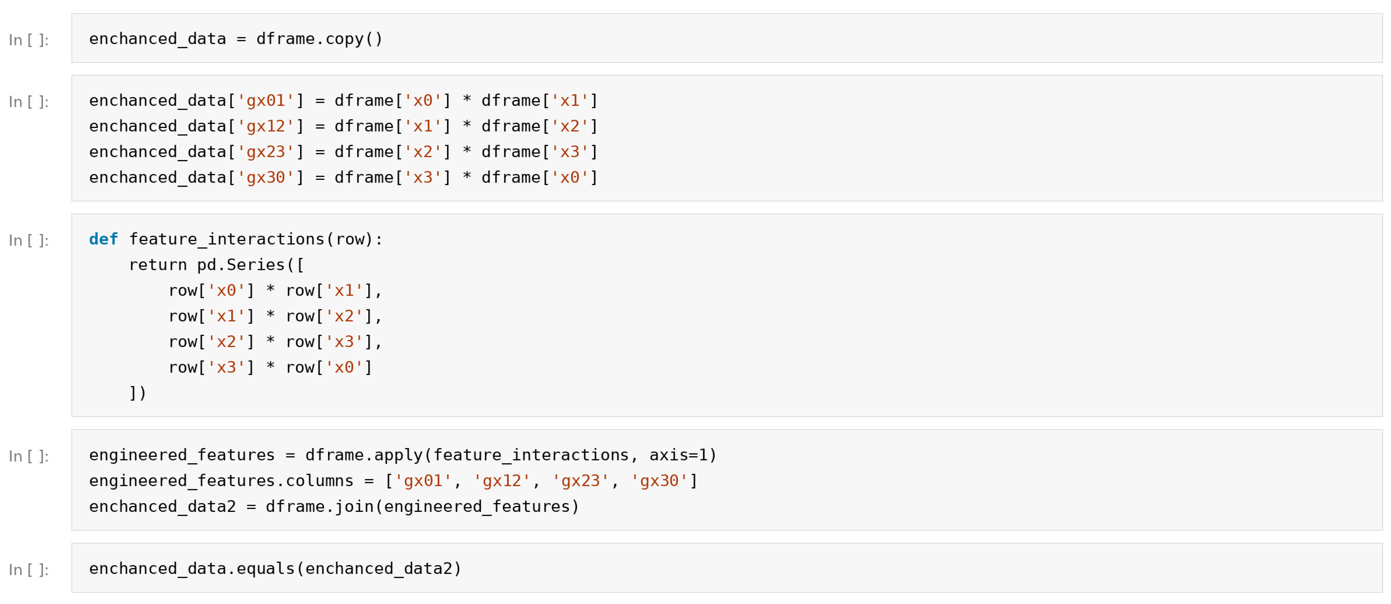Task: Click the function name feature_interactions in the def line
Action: click(x=227, y=239)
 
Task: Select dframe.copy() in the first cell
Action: click(x=319, y=39)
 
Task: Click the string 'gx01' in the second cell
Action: click(x=266, y=100)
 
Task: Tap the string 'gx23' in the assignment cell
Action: click(x=266, y=152)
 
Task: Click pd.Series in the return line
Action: click(x=241, y=265)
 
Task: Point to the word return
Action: click(x=158, y=265)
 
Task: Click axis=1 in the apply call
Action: click(x=678, y=455)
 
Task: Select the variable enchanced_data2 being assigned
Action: click(x=163, y=507)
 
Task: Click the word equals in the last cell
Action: click(x=266, y=569)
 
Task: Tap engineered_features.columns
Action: click(x=221, y=481)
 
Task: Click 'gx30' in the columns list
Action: click(x=659, y=481)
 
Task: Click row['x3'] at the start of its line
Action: click(x=212, y=368)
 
